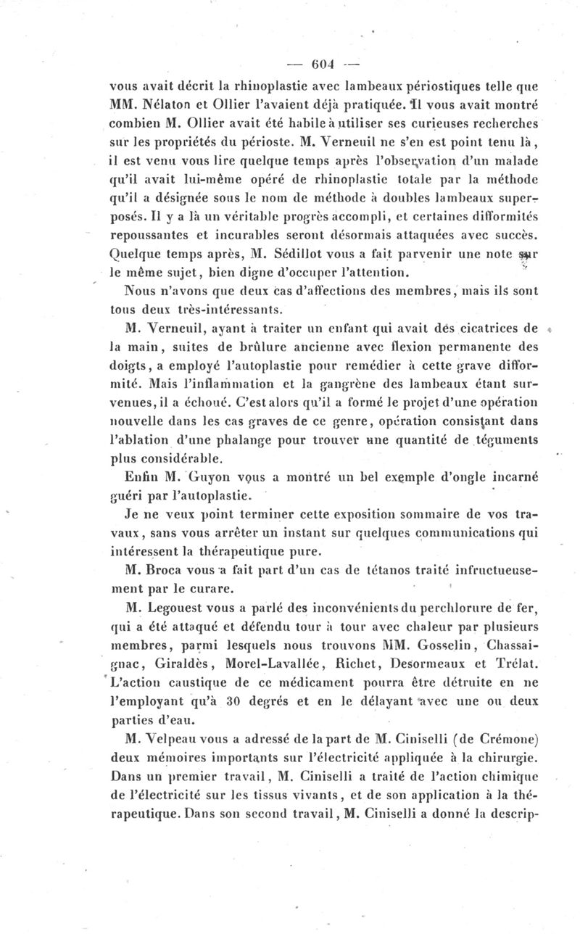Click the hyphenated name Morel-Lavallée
(258, 664)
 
